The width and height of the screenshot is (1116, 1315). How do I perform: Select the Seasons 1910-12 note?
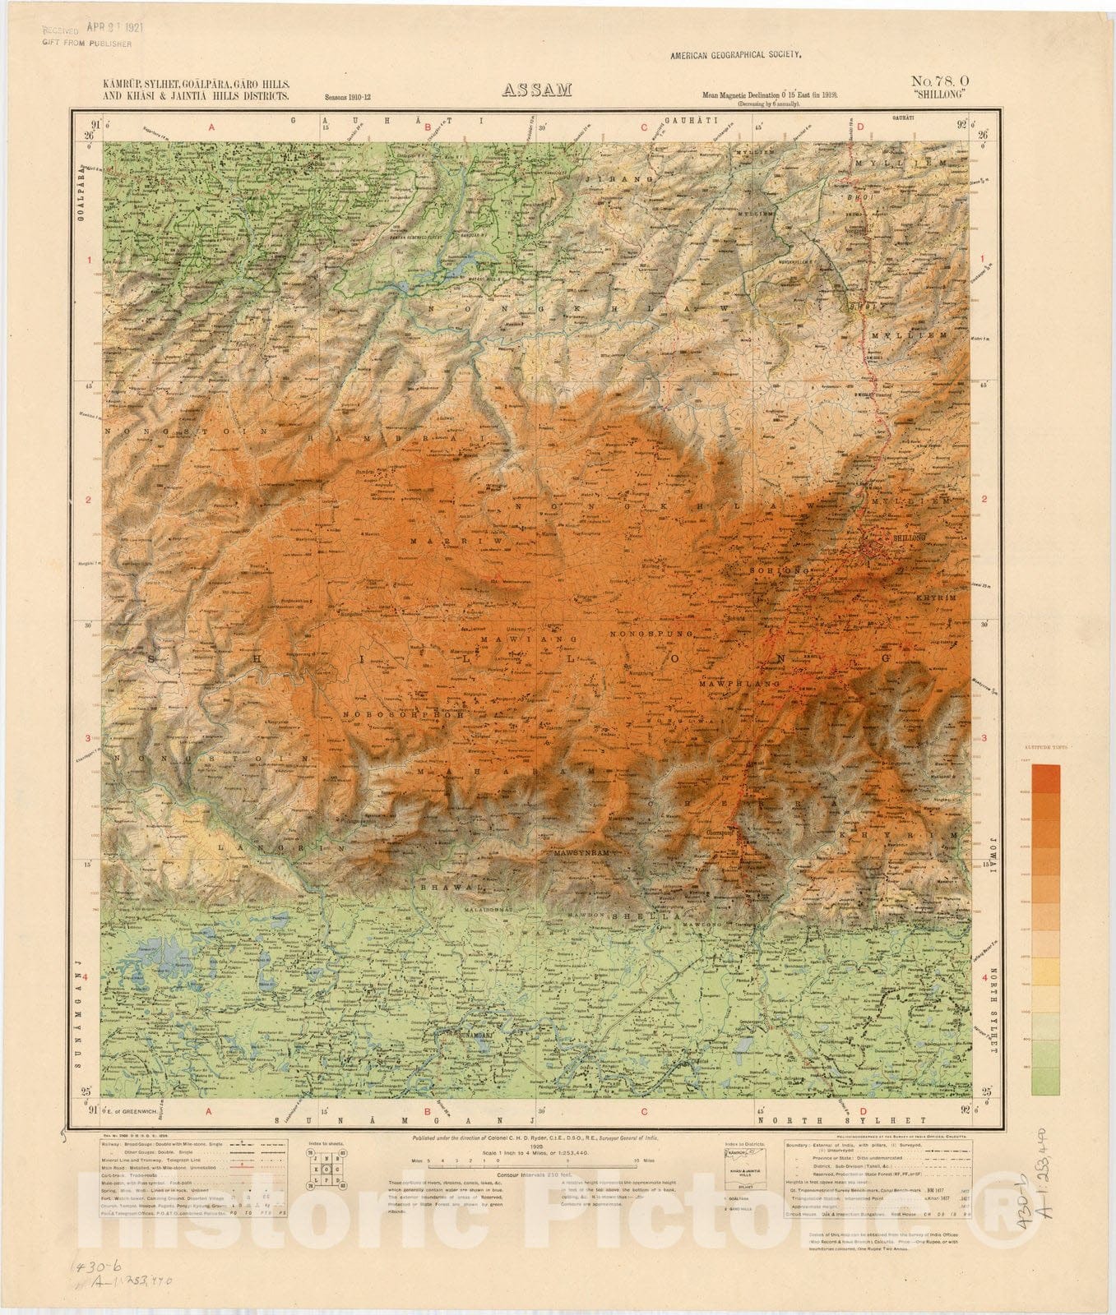347,97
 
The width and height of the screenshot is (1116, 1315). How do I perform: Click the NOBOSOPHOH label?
404,713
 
